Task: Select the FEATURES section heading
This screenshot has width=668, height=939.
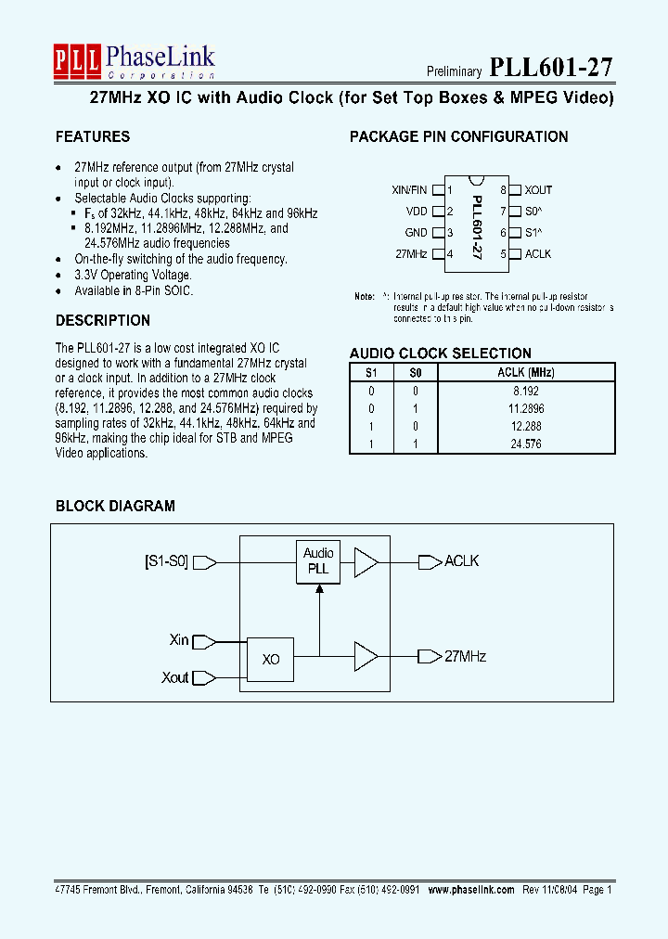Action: tap(93, 137)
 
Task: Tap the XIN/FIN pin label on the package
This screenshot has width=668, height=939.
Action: tap(410, 190)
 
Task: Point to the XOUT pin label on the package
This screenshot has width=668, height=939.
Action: tap(538, 190)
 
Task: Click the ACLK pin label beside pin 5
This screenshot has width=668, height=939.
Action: tap(538, 253)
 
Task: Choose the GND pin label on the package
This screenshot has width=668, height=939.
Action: tap(416, 233)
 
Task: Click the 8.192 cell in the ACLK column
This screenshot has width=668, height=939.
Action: tap(526, 391)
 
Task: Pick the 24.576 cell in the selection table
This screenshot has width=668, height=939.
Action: tap(526, 444)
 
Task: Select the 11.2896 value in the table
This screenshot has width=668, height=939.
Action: tap(526, 408)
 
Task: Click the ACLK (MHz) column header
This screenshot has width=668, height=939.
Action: tap(526, 373)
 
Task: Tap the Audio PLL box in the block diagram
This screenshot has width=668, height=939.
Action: tap(318, 561)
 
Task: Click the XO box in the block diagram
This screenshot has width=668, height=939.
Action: tap(270, 660)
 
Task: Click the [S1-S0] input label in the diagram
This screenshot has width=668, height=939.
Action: tap(167, 561)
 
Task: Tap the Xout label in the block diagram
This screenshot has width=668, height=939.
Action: tap(175, 677)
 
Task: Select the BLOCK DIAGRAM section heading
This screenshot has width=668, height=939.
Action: tap(115, 507)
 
